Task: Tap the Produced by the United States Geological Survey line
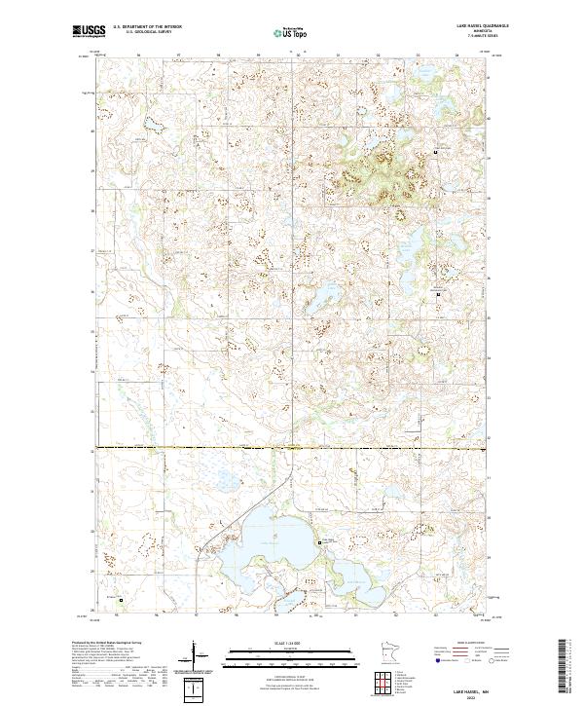tap(97, 643)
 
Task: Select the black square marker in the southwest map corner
tap(122, 600)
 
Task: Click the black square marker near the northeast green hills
tap(436, 153)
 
